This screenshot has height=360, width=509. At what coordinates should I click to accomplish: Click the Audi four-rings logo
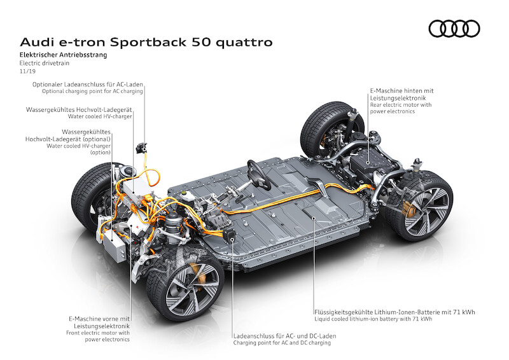pos(454,29)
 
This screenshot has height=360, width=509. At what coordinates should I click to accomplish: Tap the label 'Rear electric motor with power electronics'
pos(401,107)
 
